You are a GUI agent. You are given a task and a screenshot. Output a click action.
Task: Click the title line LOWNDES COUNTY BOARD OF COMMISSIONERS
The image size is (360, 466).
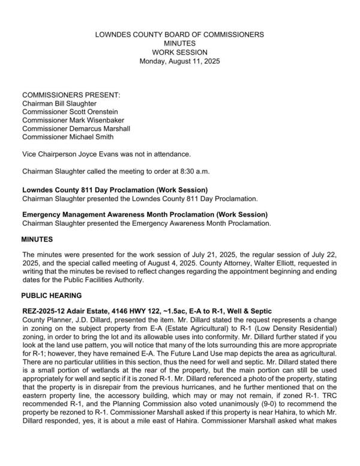pyautogui.click(x=179, y=35)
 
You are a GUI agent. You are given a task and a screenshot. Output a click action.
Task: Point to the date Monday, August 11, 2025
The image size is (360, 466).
pyautogui.click(x=179, y=61)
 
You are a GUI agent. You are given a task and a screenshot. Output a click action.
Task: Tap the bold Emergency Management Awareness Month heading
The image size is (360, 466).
pyautogui.click(x=145, y=215)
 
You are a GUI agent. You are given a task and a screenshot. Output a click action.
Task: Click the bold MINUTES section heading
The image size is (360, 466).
pyautogui.click(x=38, y=240)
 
